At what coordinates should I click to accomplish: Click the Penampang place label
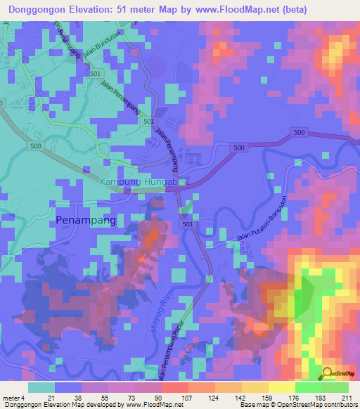(85, 220)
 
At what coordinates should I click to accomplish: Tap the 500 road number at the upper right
(300, 132)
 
